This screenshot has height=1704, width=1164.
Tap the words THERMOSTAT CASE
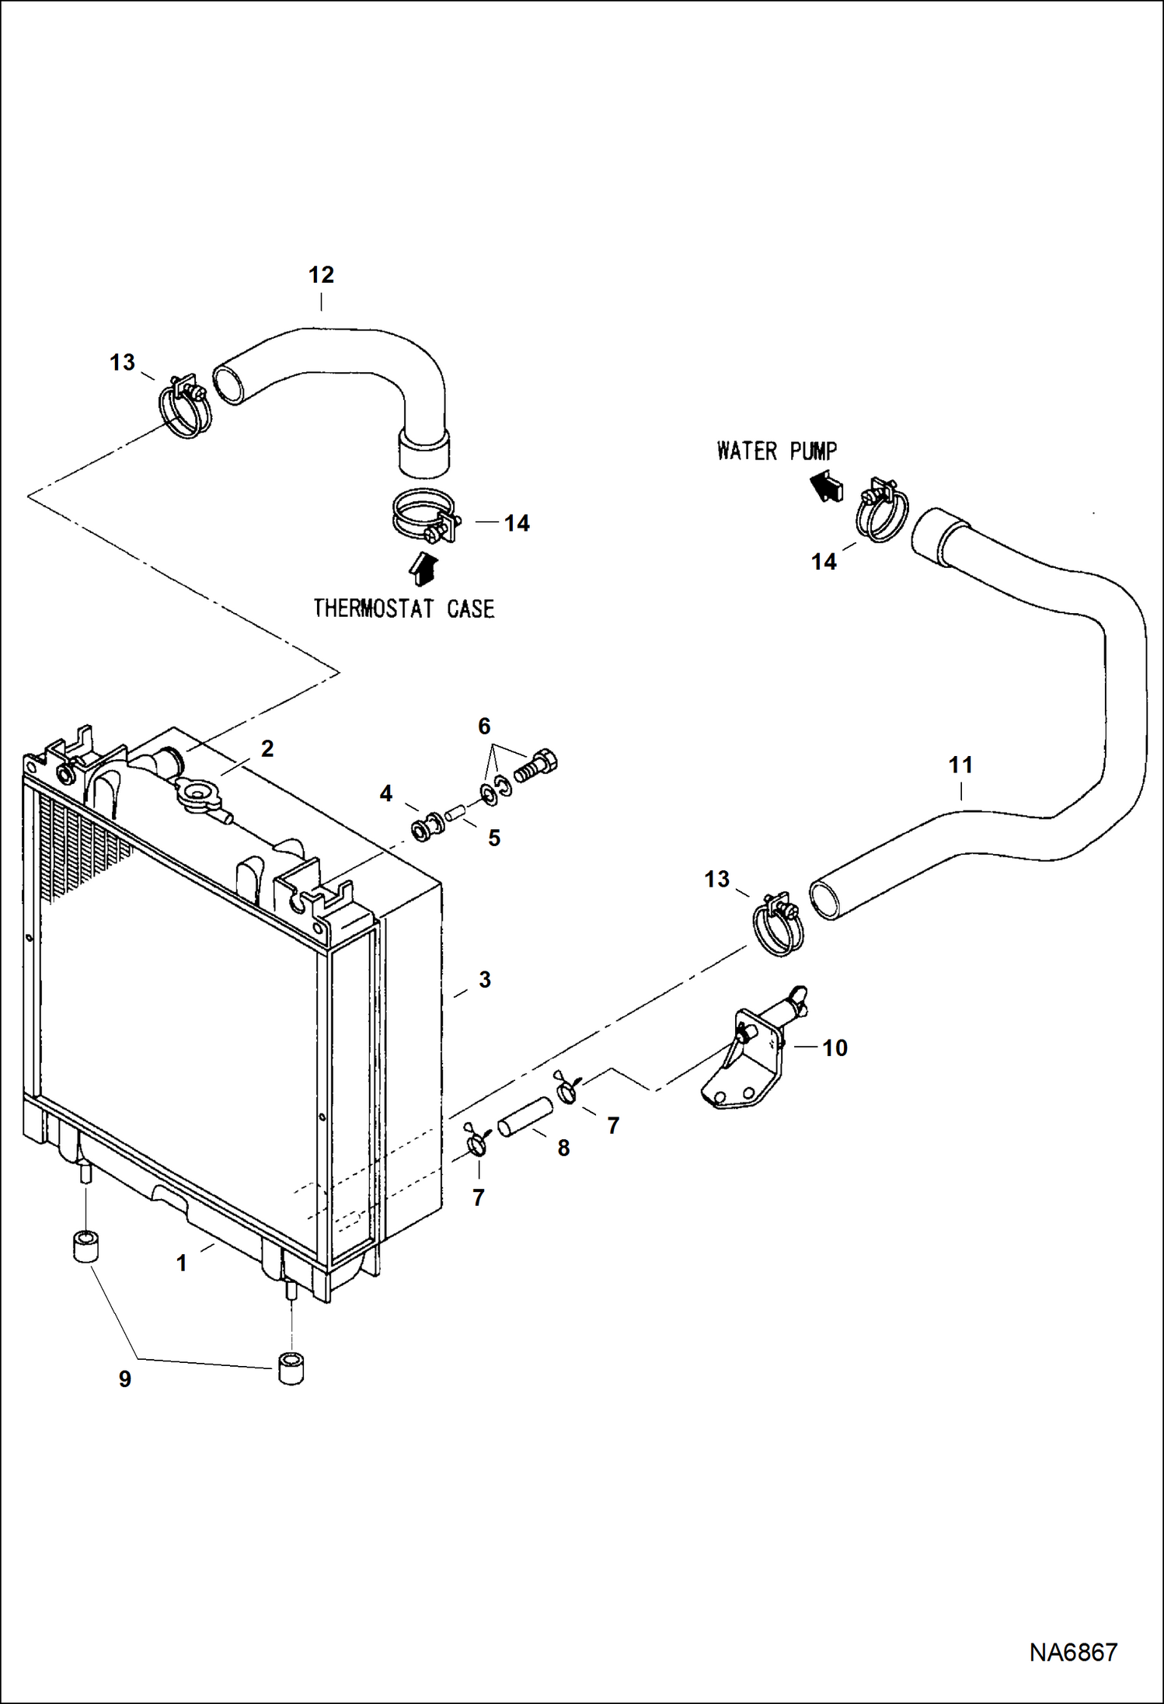[403, 608]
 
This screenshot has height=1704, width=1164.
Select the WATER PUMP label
[776, 451]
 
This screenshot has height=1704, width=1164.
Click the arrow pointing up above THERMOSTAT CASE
[423, 568]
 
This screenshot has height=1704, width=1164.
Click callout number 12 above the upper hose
[321, 275]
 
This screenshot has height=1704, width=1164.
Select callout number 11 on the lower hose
[960, 765]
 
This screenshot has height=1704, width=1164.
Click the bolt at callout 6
[536, 763]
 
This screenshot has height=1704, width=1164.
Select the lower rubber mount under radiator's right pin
[291, 1368]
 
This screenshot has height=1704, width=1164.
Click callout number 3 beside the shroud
[485, 980]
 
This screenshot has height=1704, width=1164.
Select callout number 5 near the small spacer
[493, 838]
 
